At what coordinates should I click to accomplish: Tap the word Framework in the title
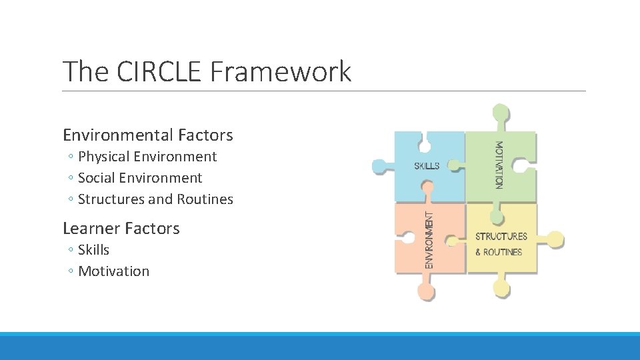(x=280, y=71)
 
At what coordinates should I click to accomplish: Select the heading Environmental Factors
(x=148, y=135)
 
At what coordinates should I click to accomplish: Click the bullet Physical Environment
(x=147, y=157)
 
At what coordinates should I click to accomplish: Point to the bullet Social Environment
(x=140, y=178)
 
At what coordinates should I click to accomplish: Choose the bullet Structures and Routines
(x=155, y=199)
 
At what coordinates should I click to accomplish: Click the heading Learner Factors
(x=121, y=229)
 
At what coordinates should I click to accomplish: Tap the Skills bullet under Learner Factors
(x=93, y=250)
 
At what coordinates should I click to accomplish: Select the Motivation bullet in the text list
(x=113, y=271)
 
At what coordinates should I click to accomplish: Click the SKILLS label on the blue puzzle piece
(x=427, y=165)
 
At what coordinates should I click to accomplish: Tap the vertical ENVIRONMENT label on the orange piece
(x=430, y=241)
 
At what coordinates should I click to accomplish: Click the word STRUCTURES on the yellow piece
(x=501, y=236)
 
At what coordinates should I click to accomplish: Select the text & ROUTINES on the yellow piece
(x=498, y=252)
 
